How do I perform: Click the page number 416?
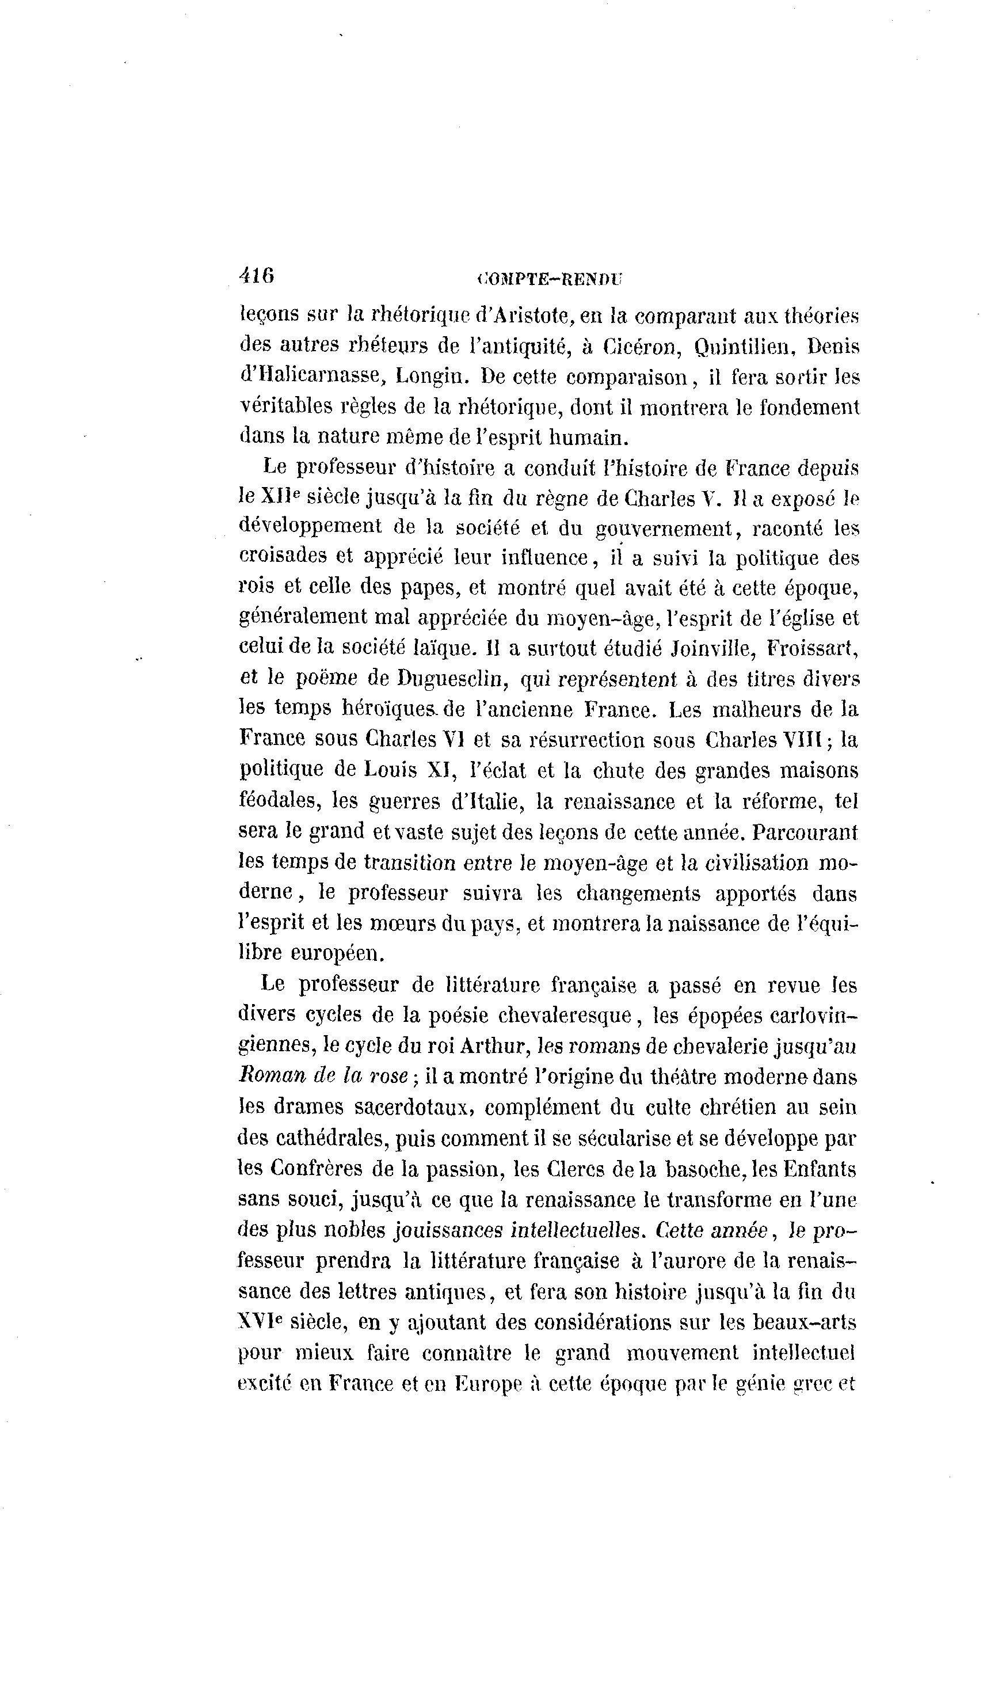256,275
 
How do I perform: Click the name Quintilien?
744,346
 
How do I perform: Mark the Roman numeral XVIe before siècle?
259,1322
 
